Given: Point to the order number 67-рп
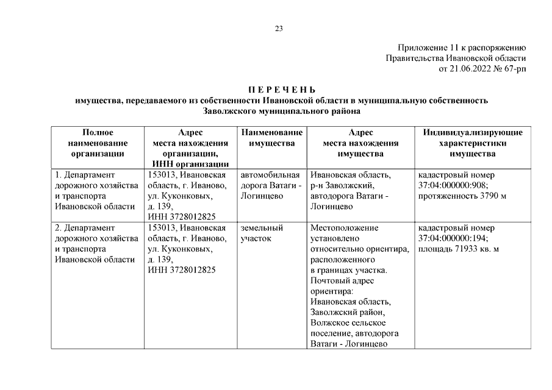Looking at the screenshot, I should (515, 69).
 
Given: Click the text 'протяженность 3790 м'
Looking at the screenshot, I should (462, 196).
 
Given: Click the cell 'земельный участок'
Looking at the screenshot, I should (262, 233).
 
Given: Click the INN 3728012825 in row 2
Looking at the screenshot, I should (182, 270).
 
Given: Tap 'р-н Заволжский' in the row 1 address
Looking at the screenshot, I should (342, 185).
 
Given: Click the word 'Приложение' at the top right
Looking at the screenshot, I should (420, 48).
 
